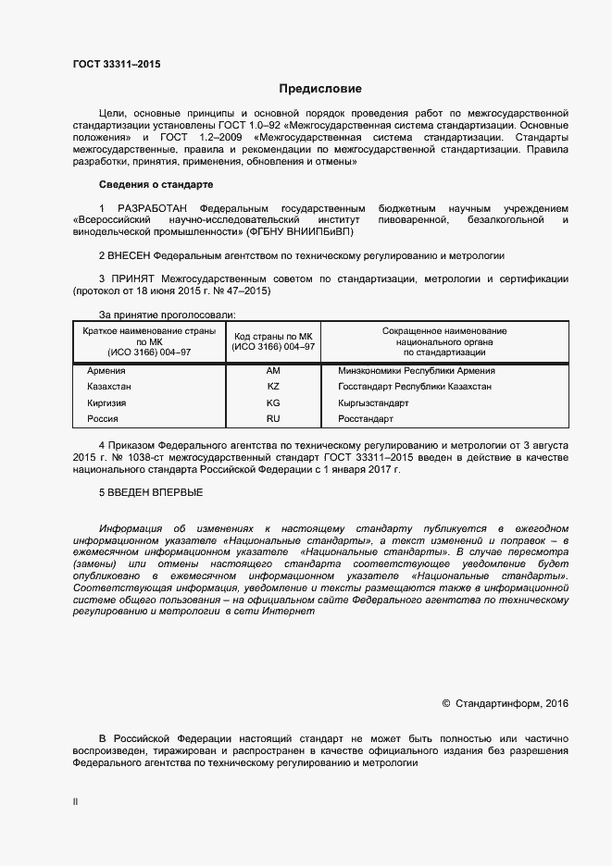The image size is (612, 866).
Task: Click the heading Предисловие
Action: pos(320,89)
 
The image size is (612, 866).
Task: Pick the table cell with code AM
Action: pos(272,370)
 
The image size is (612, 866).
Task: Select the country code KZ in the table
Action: pos(272,387)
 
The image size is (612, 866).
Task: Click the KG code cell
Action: pos(272,403)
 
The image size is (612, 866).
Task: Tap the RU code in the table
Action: pos(272,419)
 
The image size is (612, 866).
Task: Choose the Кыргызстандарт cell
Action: pos(374,403)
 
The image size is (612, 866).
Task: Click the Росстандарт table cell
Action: pos(367,419)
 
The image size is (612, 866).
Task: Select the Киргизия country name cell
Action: pos(106,403)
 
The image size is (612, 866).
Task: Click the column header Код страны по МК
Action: pos(273,340)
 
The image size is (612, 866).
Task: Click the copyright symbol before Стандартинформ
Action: pos(446,704)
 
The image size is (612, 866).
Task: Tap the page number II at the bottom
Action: pos(75,802)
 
